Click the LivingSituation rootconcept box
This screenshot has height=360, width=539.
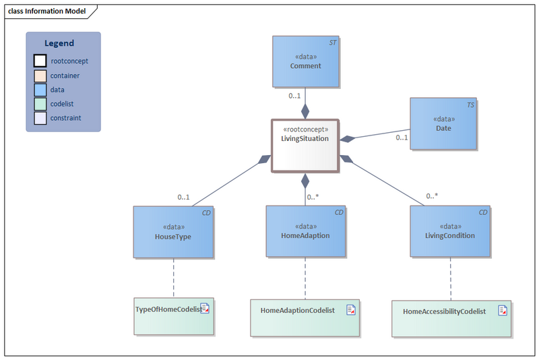(305, 146)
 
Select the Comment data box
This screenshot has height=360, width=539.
(305, 61)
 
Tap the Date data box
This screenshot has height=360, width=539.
(443, 123)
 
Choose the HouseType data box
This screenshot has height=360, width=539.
(173, 232)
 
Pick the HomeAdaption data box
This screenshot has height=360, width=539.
(305, 232)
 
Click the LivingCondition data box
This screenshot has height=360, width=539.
(449, 232)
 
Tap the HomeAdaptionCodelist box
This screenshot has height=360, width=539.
(305, 317)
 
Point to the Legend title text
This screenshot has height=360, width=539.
(59, 43)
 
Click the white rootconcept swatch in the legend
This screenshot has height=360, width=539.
(40, 61)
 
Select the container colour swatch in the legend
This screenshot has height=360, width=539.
(40, 76)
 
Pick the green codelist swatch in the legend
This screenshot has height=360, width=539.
(40, 104)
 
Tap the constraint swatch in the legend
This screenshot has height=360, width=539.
(40, 118)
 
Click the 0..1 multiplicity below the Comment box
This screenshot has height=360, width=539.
(294, 96)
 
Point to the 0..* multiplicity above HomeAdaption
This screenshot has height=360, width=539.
(313, 198)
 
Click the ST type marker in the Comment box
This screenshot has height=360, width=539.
(332, 42)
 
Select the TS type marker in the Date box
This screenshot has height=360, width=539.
(470, 105)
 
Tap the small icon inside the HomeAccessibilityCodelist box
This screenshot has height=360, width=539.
(502, 310)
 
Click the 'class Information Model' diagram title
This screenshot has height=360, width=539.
(46, 10)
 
